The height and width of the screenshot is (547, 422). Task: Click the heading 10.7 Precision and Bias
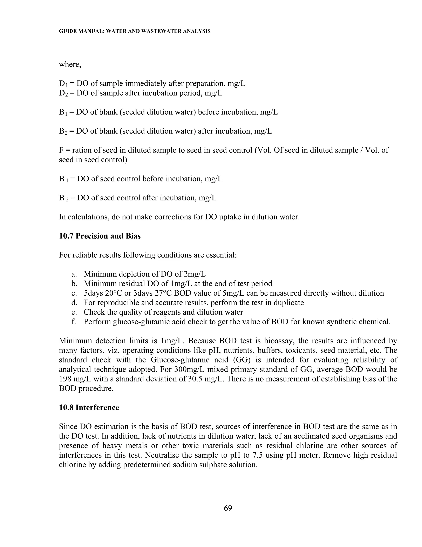coord(100,236)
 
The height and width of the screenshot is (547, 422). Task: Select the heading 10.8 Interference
coord(89,407)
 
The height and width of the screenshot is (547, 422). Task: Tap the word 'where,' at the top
coord(70,65)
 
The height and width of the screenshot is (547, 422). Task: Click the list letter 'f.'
coord(74,322)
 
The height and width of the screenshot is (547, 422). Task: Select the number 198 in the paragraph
coord(65,379)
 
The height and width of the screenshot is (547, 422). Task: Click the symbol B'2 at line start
coord(63,198)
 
